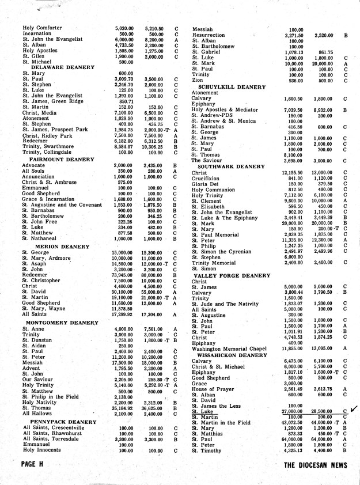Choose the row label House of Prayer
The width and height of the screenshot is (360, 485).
click(x=213, y=389)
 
